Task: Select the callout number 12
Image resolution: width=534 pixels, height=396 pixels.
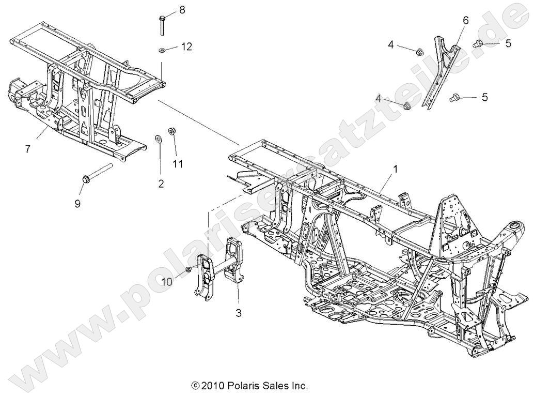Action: click(x=186, y=47)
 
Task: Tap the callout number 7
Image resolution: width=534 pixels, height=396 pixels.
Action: click(x=27, y=149)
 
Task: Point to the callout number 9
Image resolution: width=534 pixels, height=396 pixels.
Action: click(x=77, y=204)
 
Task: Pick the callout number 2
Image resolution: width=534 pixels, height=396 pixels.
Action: click(x=161, y=184)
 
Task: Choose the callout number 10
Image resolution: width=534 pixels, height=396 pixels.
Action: click(x=166, y=281)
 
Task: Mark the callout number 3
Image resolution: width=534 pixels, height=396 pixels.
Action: click(x=238, y=313)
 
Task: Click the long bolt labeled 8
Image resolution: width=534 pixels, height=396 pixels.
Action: click(x=162, y=25)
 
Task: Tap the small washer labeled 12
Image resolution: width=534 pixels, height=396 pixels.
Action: click(x=162, y=50)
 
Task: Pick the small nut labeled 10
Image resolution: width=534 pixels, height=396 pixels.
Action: click(x=190, y=269)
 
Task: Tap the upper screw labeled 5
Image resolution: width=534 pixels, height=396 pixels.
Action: click(x=478, y=44)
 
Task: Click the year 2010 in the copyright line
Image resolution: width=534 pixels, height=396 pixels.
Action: click(x=212, y=386)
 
